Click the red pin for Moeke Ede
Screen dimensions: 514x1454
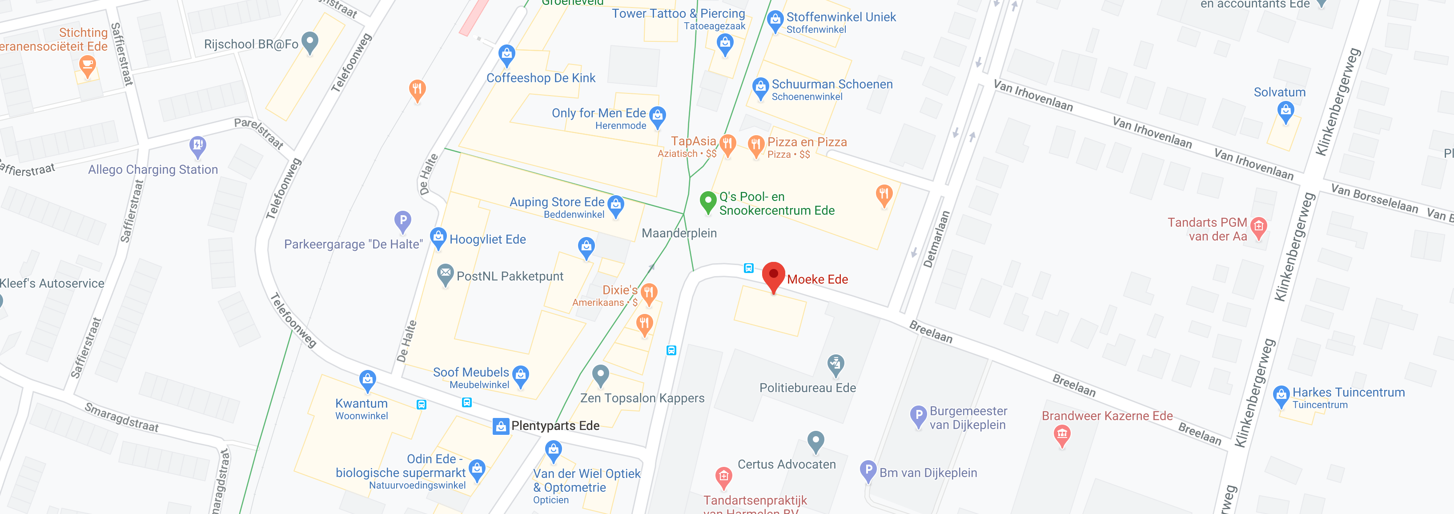[773, 275]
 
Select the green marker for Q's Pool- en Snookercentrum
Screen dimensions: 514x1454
[708, 201]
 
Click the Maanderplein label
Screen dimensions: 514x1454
[679, 233]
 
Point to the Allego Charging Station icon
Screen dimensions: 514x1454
[197, 146]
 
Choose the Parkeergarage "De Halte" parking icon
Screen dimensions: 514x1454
[402, 221]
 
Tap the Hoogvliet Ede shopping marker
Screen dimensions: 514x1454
[438, 237]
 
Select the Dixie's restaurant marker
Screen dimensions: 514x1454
[649, 293]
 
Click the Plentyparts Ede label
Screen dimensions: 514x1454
[555, 426]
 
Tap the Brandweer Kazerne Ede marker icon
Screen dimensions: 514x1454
[1062, 434]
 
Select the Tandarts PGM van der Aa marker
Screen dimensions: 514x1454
[1259, 227]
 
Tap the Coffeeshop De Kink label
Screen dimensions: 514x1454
[541, 78]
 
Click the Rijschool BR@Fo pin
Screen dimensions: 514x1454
[310, 42]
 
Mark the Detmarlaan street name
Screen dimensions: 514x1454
[936, 239]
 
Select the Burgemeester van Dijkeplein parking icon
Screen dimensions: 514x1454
[918, 416]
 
